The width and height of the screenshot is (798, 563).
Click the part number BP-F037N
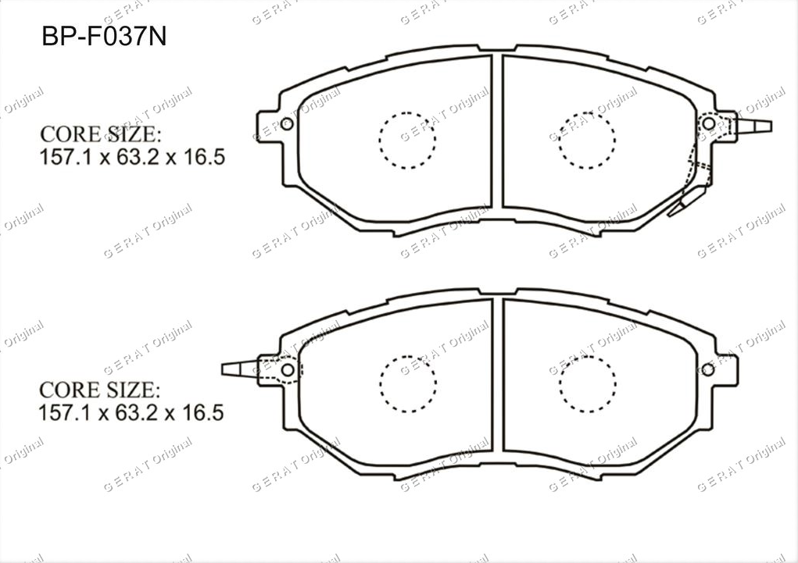pyautogui.click(x=104, y=36)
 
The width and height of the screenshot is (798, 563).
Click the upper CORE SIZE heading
pyautogui.click(x=100, y=134)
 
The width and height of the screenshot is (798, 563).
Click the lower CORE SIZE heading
pyautogui.click(x=99, y=390)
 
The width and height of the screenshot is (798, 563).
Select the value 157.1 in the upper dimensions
pyautogui.click(x=66, y=157)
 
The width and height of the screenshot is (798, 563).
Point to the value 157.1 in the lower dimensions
pyautogui.click(x=65, y=412)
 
